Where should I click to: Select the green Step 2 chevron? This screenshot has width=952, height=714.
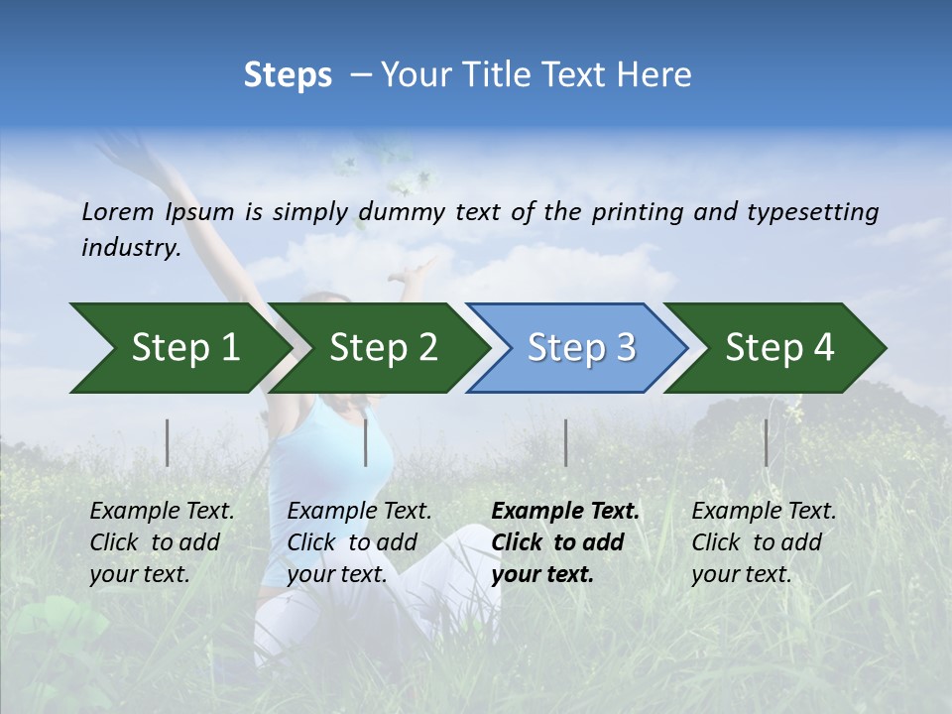point(382,348)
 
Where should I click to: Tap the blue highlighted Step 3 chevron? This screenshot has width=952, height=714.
point(580,348)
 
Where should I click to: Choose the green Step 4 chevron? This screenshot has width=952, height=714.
point(778,348)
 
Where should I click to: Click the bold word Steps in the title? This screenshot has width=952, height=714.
point(288,75)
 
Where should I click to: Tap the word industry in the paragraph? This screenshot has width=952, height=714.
point(130,248)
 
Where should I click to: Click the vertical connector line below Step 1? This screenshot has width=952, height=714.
point(168,442)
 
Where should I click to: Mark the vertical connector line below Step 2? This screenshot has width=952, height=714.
point(366,442)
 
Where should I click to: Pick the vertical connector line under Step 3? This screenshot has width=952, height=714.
point(565,442)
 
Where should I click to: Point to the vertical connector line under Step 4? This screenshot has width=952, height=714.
point(766,442)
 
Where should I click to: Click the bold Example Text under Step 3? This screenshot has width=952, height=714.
point(565,512)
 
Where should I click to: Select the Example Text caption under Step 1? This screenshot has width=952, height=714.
point(162,512)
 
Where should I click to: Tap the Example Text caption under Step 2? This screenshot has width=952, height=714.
point(359,512)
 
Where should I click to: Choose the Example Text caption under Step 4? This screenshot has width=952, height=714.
point(764,512)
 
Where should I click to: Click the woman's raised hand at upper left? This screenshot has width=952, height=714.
point(117,149)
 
